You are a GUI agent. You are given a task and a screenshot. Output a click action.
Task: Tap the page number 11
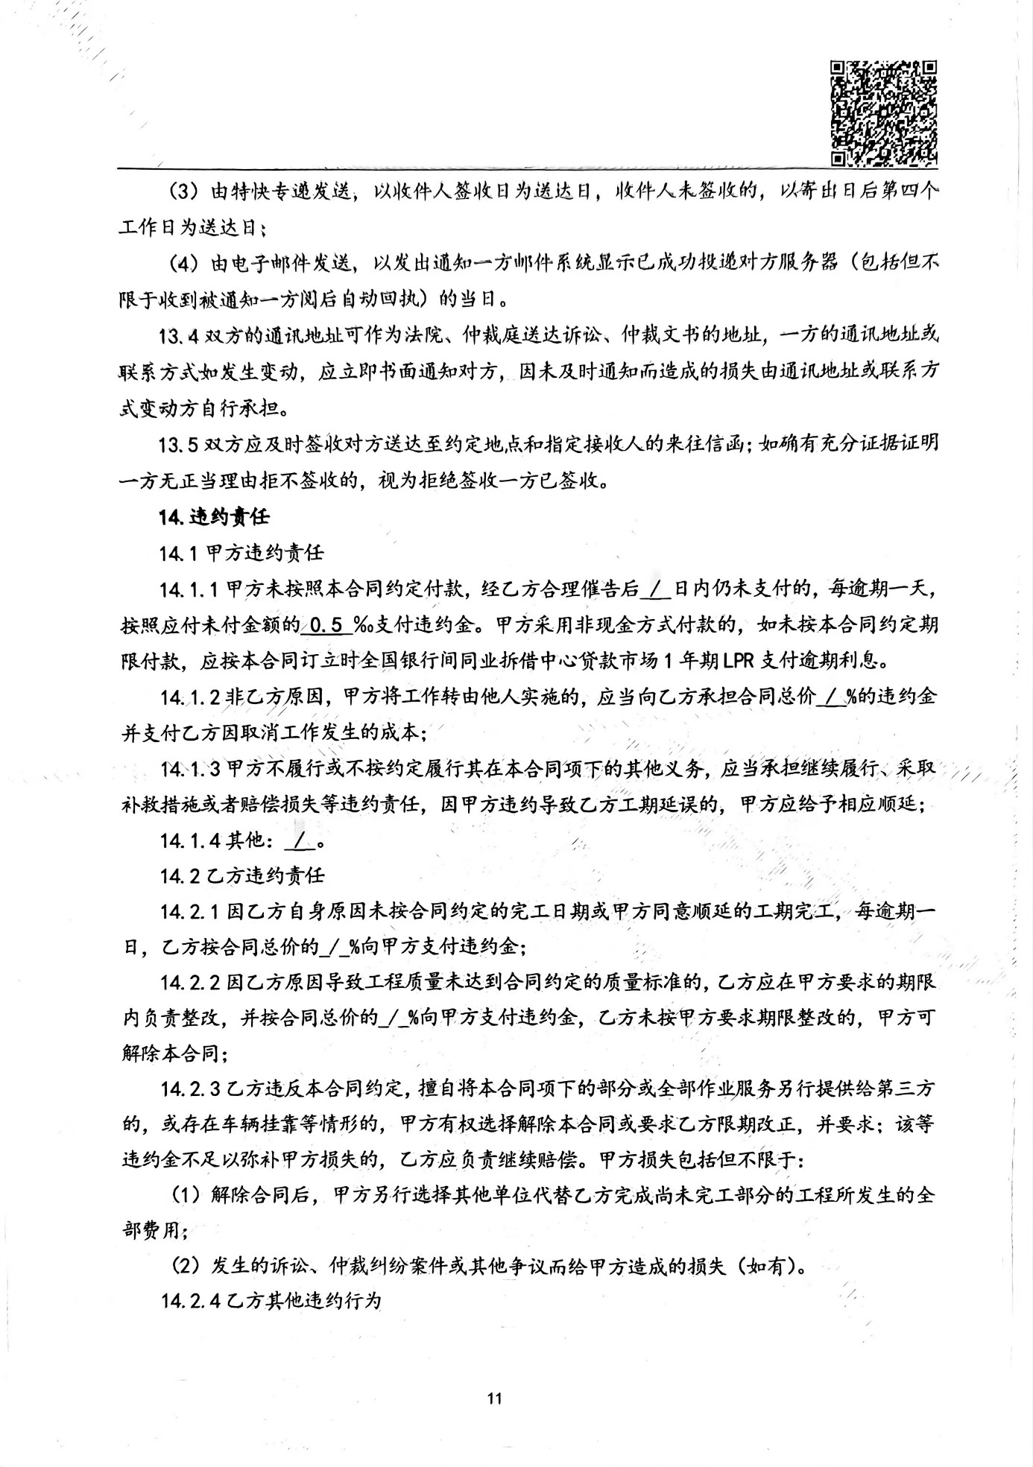click(x=494, y=1398)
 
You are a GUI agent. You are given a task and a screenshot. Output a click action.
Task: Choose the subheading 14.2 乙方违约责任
click(x=242, y=876)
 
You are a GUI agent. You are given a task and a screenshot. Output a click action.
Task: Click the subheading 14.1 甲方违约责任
click(x=242, y=553)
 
